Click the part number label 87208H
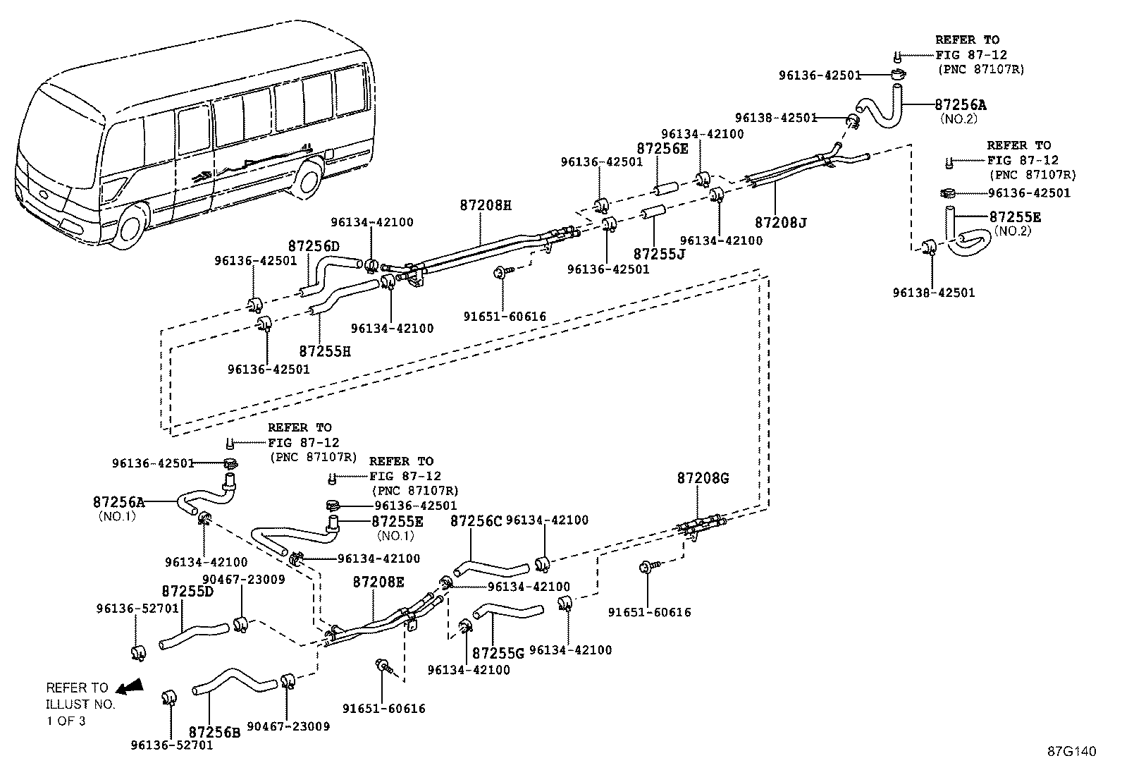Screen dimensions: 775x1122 point(485,205)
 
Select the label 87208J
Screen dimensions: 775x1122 point(780,223)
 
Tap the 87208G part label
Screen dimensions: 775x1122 point(703,478)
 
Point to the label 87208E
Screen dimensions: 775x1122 point(378,582)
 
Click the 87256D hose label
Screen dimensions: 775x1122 point(314,246)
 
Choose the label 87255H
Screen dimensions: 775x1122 point(325,350)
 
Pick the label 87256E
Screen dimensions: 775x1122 point(662,149)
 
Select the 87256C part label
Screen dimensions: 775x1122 point(476,521)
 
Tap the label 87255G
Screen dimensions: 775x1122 point(498,654)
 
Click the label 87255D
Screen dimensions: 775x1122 point(187,591)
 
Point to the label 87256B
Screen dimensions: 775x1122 point(214,733)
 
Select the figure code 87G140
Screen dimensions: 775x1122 point(1071,752)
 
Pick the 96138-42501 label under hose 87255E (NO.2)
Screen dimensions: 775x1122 point(933,293)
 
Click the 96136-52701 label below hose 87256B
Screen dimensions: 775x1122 point(171,745)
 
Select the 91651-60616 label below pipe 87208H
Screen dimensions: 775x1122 point(505,317)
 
